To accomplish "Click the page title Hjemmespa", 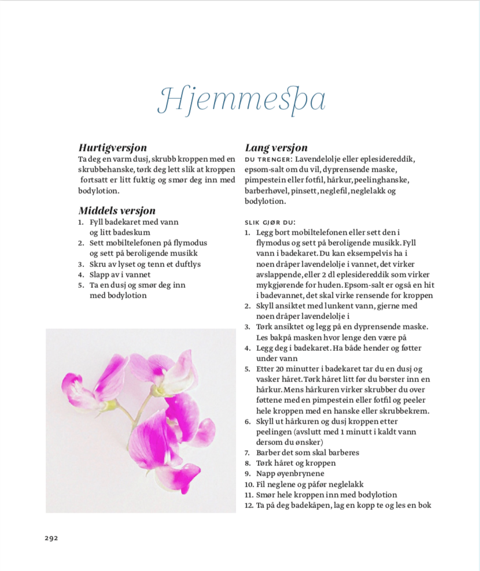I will [x=242, y=100].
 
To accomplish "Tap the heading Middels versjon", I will [x=117, y=210].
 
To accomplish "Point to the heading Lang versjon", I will [x=276, y=148].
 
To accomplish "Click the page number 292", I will [x=51, y=538].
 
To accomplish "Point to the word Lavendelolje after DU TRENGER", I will [x=324, y=159].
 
